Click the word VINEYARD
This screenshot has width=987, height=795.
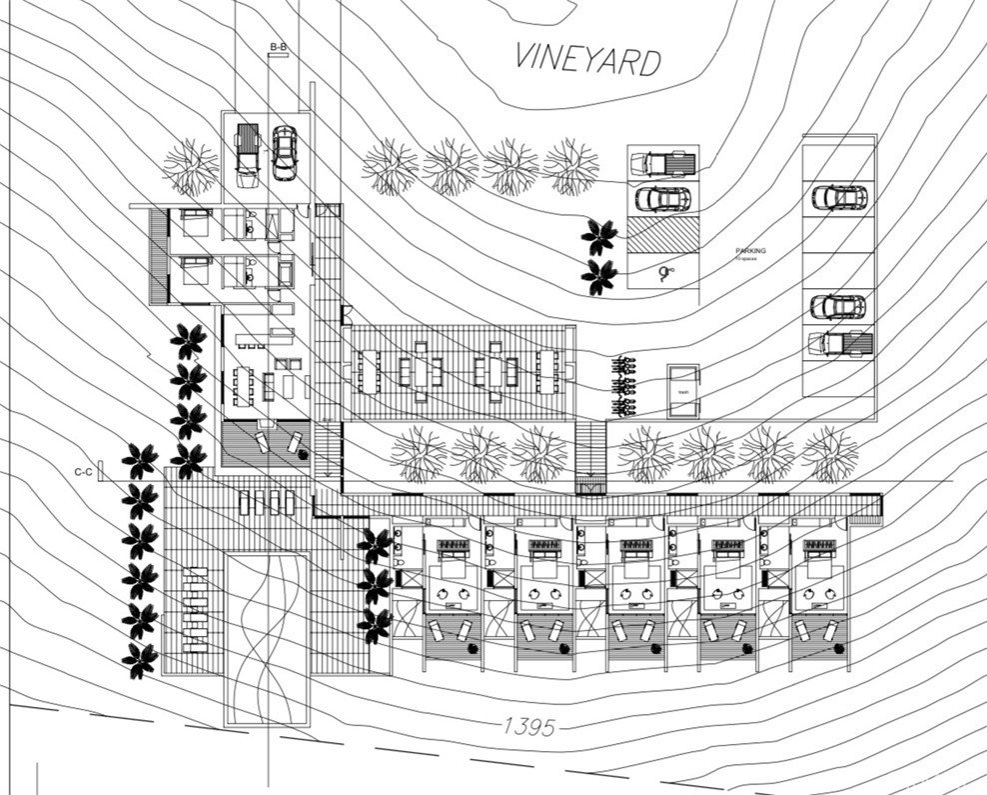tap(587, 59)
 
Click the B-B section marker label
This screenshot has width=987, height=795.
tap(278, 47)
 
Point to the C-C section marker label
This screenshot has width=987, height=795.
tap(83, 470)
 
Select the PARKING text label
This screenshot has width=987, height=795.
tap(750, 251)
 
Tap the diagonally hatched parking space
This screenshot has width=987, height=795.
tap(662, 235)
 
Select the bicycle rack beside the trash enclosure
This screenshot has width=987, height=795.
tap(625, 386)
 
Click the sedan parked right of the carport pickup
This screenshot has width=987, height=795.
tap(284, 152)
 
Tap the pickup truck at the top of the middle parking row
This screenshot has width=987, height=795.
tap(663, 162)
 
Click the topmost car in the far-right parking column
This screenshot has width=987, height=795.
tap(838, 197)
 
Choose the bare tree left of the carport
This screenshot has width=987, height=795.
tap(190, 166)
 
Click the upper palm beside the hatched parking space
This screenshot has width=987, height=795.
tap(599, 237)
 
